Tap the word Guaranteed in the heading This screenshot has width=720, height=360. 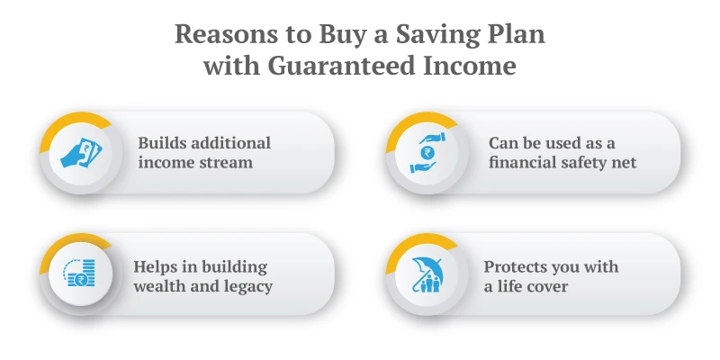click(331, 67)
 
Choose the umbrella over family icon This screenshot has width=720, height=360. click(427, 274)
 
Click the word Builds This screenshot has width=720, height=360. click(161, 143)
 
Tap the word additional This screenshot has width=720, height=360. click(230, 143)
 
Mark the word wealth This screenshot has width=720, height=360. click(163, 287)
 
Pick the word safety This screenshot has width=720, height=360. click(588, 163)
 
